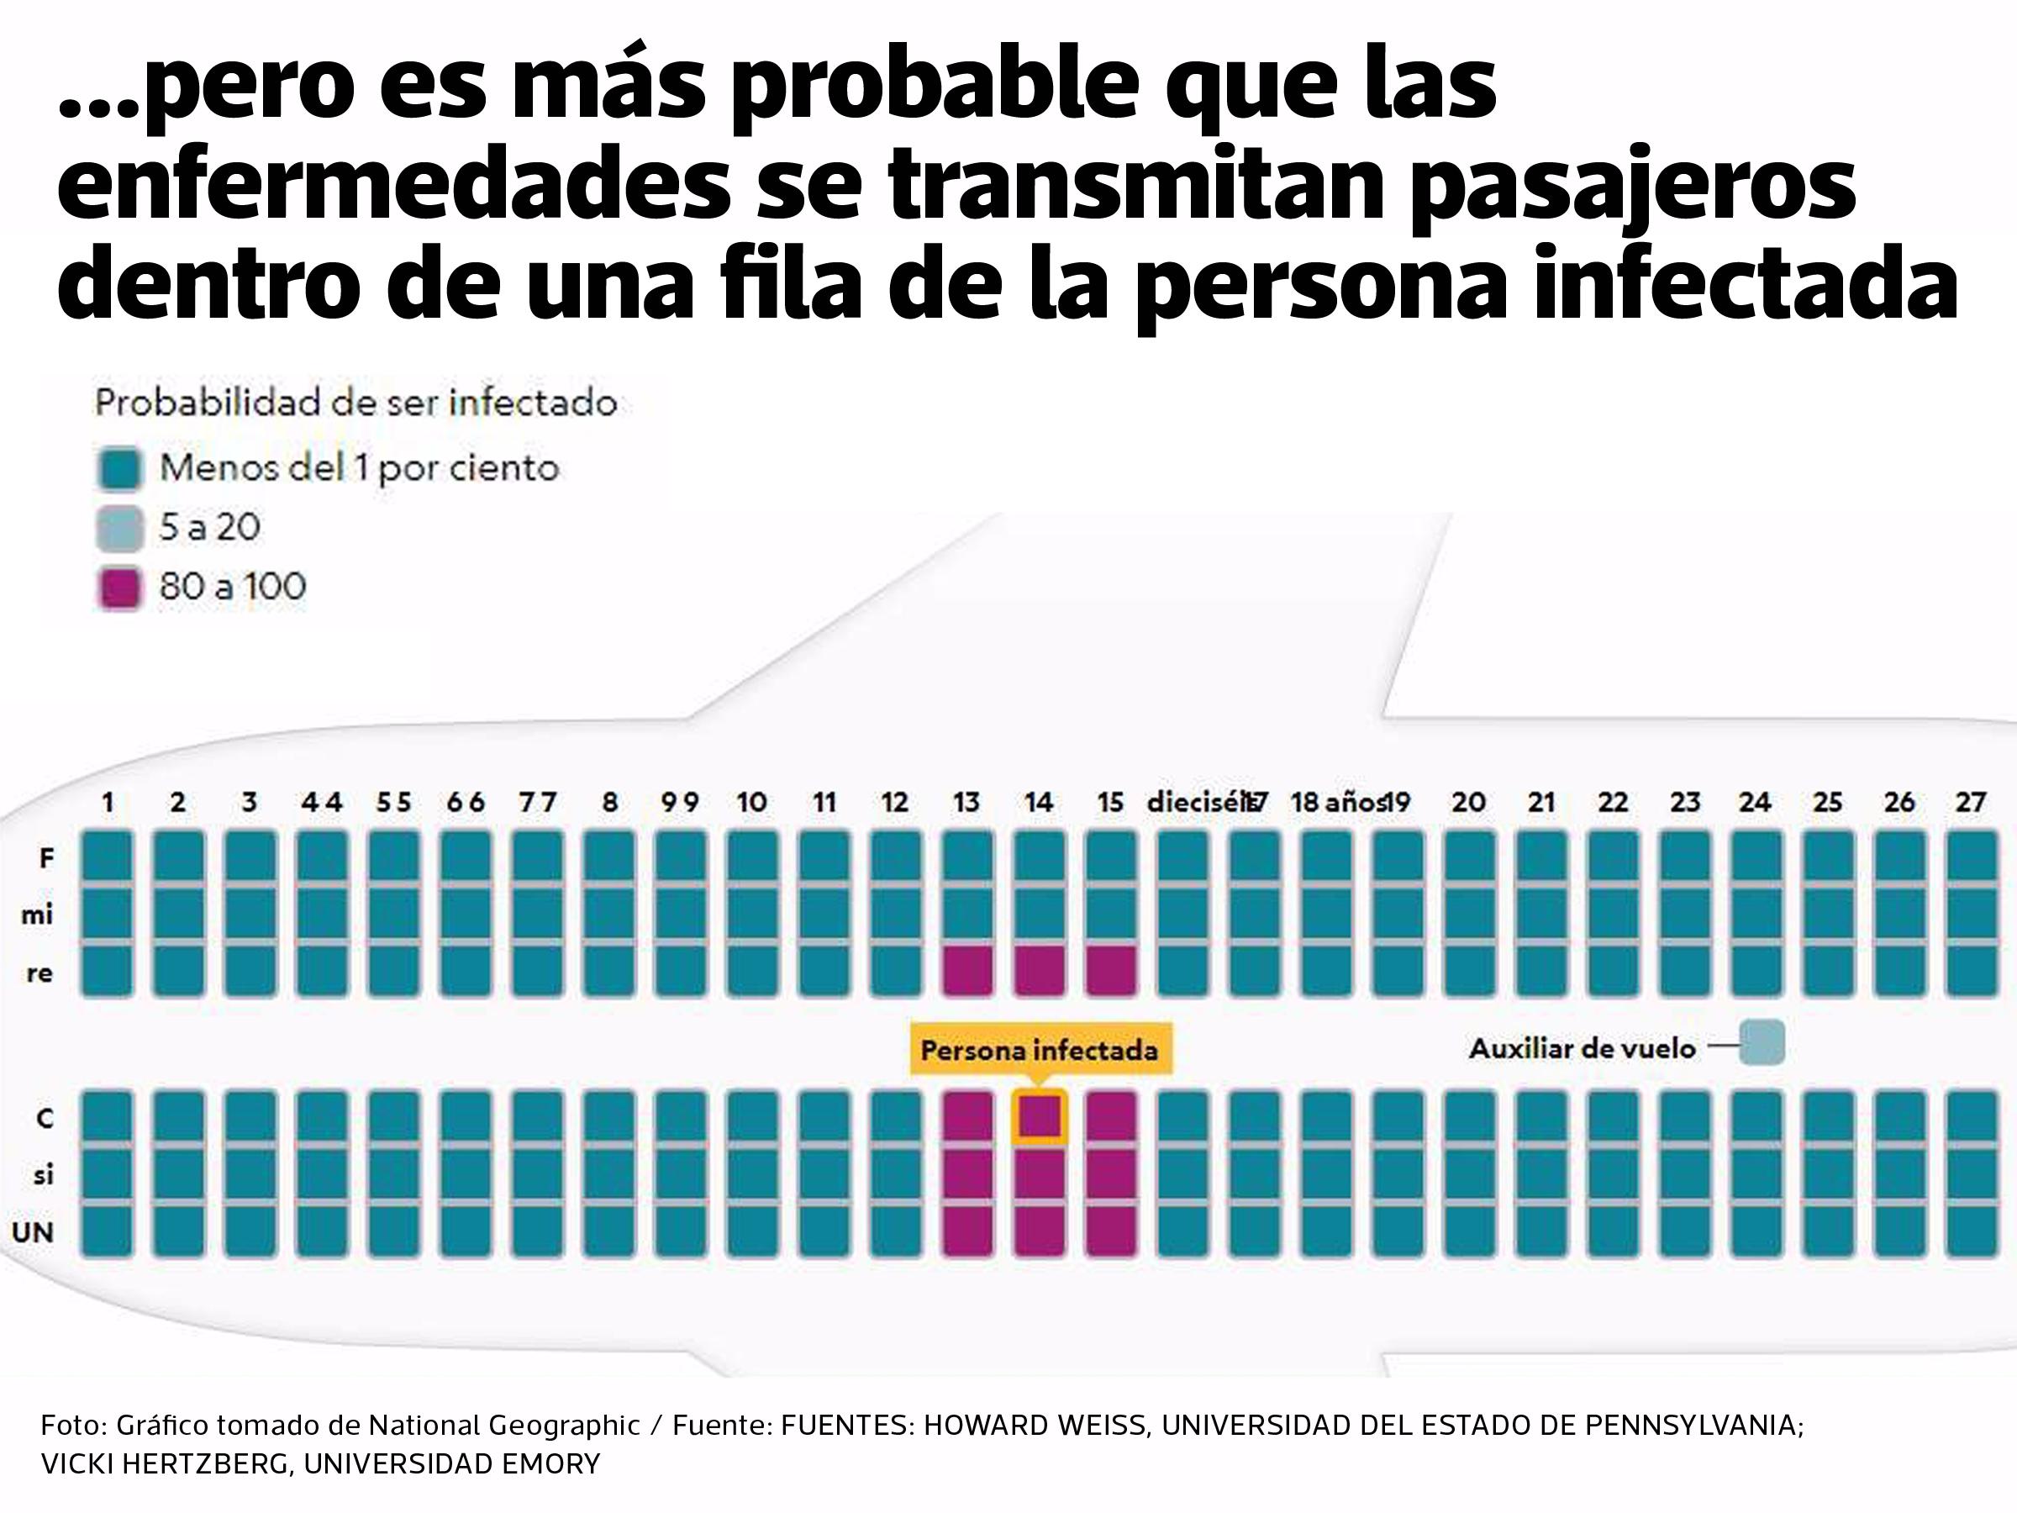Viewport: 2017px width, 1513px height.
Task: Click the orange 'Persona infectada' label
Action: coord(1039,1050)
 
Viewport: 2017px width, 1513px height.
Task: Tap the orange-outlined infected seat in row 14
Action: coord(1039,1115)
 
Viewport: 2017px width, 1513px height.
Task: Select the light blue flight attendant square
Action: coord(1762,1043)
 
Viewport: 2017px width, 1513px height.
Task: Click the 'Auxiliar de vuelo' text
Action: coord(1582,1049)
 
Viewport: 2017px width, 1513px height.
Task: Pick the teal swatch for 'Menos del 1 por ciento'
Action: coord(119,470)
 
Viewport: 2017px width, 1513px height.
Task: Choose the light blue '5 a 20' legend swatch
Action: coord(119,528)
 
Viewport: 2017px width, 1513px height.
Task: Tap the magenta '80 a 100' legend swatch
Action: coord(119,588)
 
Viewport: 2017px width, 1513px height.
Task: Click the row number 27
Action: coord(1971,803)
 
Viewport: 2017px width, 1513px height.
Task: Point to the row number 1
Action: coord(108,803)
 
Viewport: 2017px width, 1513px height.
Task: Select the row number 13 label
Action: coord(966,803)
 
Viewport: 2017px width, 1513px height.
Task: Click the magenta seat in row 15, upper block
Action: coord(1111,969)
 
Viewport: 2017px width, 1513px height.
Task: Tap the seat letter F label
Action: coord(45,857)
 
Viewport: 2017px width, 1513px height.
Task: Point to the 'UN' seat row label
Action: coord(33,1232)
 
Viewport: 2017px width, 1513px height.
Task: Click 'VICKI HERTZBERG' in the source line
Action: coord(164,1463)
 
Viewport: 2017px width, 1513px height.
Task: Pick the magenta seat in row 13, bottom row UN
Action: coord(966,1231)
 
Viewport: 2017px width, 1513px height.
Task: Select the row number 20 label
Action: coord(1468,803)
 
